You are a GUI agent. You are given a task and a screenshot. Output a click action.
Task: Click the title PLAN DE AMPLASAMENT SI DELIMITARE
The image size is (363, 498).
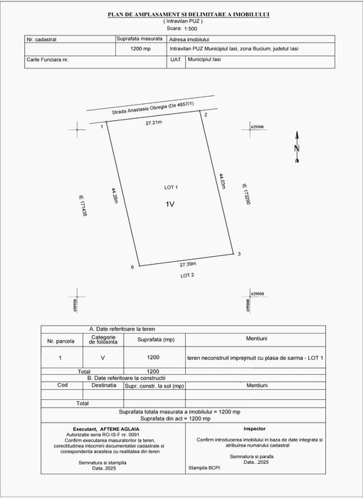tap(183, 14)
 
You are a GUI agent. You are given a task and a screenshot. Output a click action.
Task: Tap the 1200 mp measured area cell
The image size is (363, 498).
tap(141, 50)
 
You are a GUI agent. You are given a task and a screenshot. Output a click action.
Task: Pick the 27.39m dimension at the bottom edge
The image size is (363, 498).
tap(187, 265)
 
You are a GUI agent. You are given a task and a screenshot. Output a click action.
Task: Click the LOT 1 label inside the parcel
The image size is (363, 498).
tap(171, 187)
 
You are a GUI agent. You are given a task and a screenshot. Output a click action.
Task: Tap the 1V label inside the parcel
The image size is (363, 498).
tap(170, 204)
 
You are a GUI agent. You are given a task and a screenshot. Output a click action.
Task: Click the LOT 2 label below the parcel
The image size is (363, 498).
tap(187, 275)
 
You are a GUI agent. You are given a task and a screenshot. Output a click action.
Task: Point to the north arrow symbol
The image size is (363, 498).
tap(298, 142)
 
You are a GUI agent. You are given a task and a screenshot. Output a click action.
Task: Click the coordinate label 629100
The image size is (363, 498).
tap(258, 127)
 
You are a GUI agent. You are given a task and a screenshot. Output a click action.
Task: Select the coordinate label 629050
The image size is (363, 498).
tap(258, 293)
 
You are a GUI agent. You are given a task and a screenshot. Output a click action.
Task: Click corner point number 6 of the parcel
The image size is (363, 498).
tap(132, 267)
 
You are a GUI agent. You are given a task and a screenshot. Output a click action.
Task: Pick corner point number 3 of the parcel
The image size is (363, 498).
tap(239, 254)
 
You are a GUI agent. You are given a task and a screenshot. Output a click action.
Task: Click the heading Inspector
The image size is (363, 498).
tap(254, 429)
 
